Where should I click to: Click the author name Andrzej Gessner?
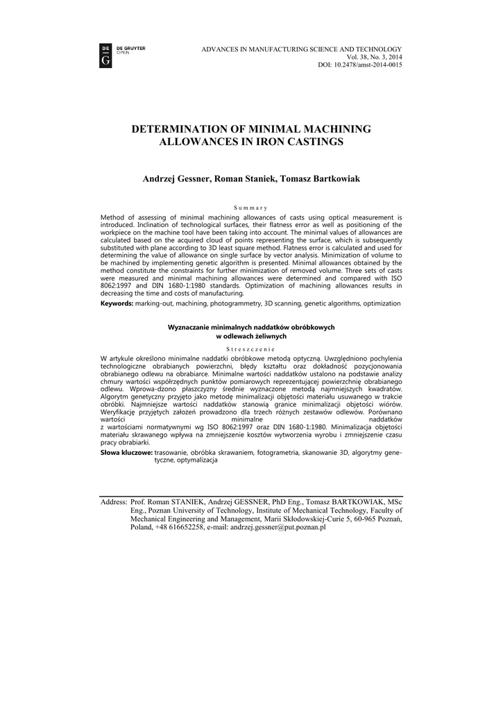[176, 179]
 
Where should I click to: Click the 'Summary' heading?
[251, 208]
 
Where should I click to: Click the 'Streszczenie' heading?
[251, 349]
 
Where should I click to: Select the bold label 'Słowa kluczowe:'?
[126, 452]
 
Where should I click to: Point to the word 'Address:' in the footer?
[114, 501]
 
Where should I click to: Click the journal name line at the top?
[301, 48]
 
